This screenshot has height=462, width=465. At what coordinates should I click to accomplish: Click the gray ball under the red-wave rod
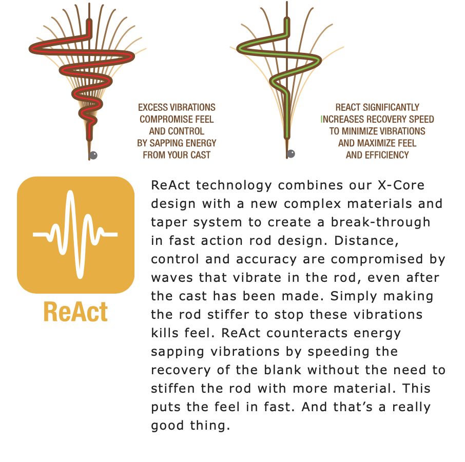[93, 155]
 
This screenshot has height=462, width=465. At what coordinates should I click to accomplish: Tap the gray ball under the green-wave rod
[291, 153]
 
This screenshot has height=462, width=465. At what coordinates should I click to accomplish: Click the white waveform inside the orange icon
[75, 234]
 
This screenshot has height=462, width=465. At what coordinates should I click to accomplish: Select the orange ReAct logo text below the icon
[75, 312]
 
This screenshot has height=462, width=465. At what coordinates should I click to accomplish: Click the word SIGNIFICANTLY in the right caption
[391, 107]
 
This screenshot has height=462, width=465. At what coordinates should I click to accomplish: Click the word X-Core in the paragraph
[401, 185]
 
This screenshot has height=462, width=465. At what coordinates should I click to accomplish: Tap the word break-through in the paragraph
[380, 222]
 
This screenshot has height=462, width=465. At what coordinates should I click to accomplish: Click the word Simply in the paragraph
[353, 297]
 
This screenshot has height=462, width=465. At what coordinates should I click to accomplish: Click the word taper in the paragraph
[169, 223]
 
